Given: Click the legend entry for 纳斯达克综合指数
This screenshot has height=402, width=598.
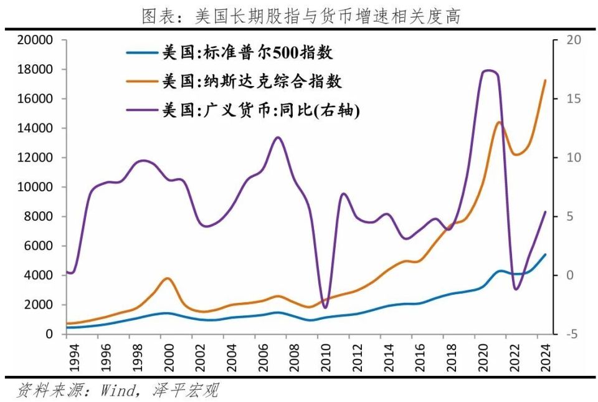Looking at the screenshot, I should point(252,82).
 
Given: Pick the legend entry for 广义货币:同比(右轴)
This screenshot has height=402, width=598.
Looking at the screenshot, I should point(261,110).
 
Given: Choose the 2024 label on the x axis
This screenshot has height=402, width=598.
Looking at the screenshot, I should point(546,355).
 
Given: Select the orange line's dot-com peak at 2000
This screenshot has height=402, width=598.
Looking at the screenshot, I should point(166,278).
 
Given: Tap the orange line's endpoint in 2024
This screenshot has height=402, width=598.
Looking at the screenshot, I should point(546,80).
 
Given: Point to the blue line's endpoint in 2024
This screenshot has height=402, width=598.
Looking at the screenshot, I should point(546,254).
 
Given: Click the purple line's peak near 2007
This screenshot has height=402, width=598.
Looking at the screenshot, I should point(278,137).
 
